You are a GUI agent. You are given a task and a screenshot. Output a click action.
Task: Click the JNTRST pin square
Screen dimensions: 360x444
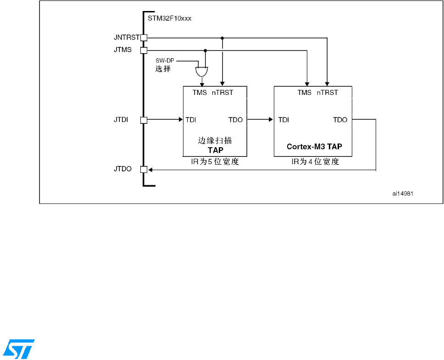coord(144,38)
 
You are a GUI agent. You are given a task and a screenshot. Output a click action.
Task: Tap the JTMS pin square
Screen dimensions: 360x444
coord(144,50)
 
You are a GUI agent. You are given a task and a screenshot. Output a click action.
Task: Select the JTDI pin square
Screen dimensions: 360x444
coord(144,120)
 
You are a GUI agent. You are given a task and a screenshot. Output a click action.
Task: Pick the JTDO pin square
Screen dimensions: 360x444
coord(144,170)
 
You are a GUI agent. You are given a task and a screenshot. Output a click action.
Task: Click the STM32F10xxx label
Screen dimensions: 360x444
coord(169,19)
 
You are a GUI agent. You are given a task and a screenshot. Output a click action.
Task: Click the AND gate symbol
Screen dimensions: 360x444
coord(201,71)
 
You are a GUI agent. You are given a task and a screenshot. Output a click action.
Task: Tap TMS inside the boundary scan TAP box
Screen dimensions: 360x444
coord(200,93)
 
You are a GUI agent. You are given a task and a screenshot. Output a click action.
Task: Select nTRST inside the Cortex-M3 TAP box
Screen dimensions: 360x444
coord(327,93)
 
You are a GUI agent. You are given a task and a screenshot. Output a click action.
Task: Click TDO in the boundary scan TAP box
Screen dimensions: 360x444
coord(236,120)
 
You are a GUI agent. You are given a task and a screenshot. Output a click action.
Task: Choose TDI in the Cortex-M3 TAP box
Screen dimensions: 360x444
coord(283,120)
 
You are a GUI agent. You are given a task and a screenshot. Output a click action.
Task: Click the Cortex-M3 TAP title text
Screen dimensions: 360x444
coord(315,147)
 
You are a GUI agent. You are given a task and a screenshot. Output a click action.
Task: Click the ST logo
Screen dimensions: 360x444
coord(19,349)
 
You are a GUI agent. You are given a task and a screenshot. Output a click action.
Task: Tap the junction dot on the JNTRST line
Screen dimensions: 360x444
coord(222,38)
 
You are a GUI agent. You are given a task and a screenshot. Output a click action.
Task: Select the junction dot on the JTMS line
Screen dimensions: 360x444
coord(205,50)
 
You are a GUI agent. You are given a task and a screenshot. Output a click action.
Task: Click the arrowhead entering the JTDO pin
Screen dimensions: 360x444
coord(150,170)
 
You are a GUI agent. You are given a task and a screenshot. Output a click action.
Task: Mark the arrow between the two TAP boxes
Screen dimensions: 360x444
coord(260,120)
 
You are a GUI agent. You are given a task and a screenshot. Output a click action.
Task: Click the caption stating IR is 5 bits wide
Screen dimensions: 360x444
coord(215,162)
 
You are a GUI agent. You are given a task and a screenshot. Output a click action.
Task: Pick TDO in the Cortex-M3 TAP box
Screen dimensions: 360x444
coord(340,120)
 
